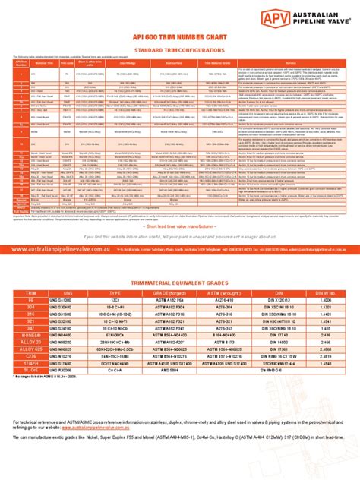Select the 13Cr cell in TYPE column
click(117, 279)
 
